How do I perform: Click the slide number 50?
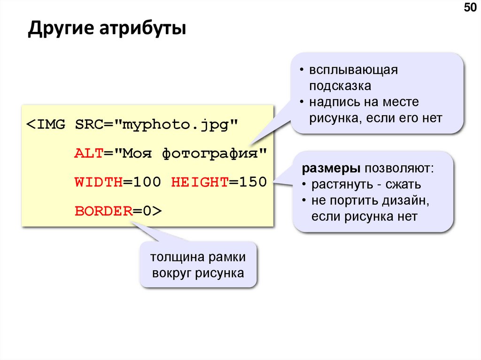pos(469,8)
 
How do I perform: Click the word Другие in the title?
pos(60,29)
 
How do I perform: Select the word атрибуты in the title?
pos(142,29)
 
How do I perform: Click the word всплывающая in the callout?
pos(353,70)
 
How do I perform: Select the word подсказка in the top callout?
pos(340,86)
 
